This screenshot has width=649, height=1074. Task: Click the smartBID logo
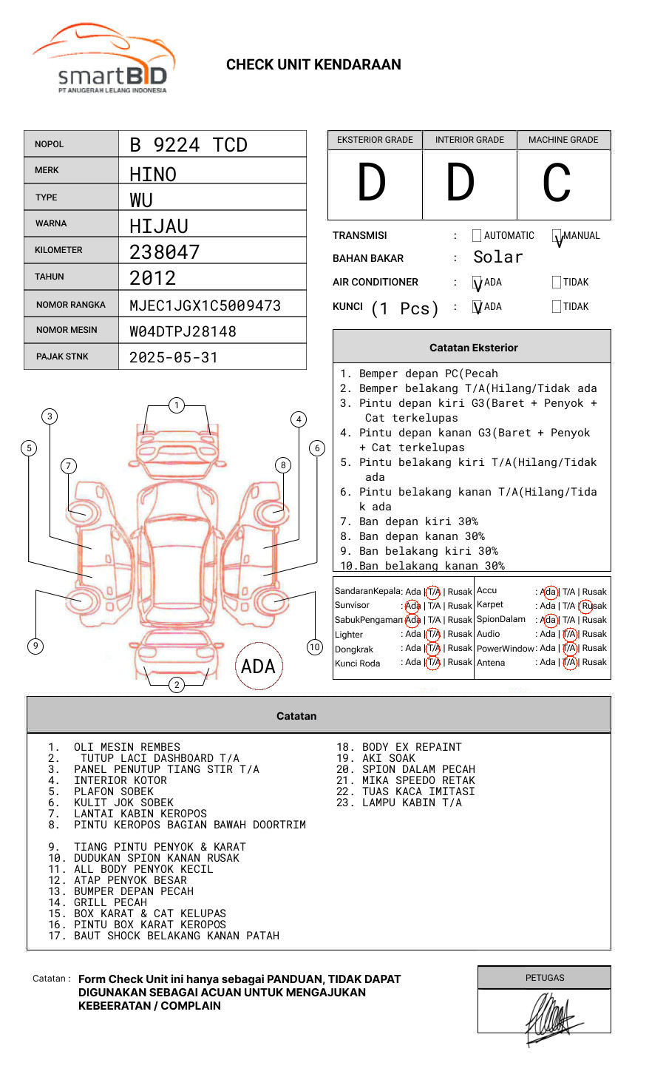click(103, 59)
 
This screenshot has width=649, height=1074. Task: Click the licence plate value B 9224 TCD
click(188, 145)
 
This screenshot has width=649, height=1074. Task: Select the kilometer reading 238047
click(165, 252)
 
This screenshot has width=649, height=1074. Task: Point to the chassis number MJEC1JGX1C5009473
click(205, 305)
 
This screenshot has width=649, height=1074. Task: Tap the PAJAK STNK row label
click(62, 357)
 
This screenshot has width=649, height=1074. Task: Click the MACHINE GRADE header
click(563, 140)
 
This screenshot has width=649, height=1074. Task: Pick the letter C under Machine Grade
click(557, 183)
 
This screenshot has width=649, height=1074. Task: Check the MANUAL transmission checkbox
click(557, 237)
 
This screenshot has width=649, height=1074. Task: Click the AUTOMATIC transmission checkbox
click(477, 236)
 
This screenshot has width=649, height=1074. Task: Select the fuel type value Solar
click(498, 257)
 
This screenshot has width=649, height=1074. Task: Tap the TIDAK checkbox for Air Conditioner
click(557, 282)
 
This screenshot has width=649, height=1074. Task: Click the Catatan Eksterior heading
click(473, 348)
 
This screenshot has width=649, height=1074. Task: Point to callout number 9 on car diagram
click(35, 646)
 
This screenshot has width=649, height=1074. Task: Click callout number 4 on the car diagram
click(299, 419)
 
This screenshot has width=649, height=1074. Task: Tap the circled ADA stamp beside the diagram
click(258, 666)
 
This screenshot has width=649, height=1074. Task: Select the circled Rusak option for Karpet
click(594, 606)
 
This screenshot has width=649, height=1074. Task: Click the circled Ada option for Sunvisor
click(412, 606)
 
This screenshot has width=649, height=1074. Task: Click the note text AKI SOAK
click(389, 758)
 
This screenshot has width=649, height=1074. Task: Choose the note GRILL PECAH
click(110, 902)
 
